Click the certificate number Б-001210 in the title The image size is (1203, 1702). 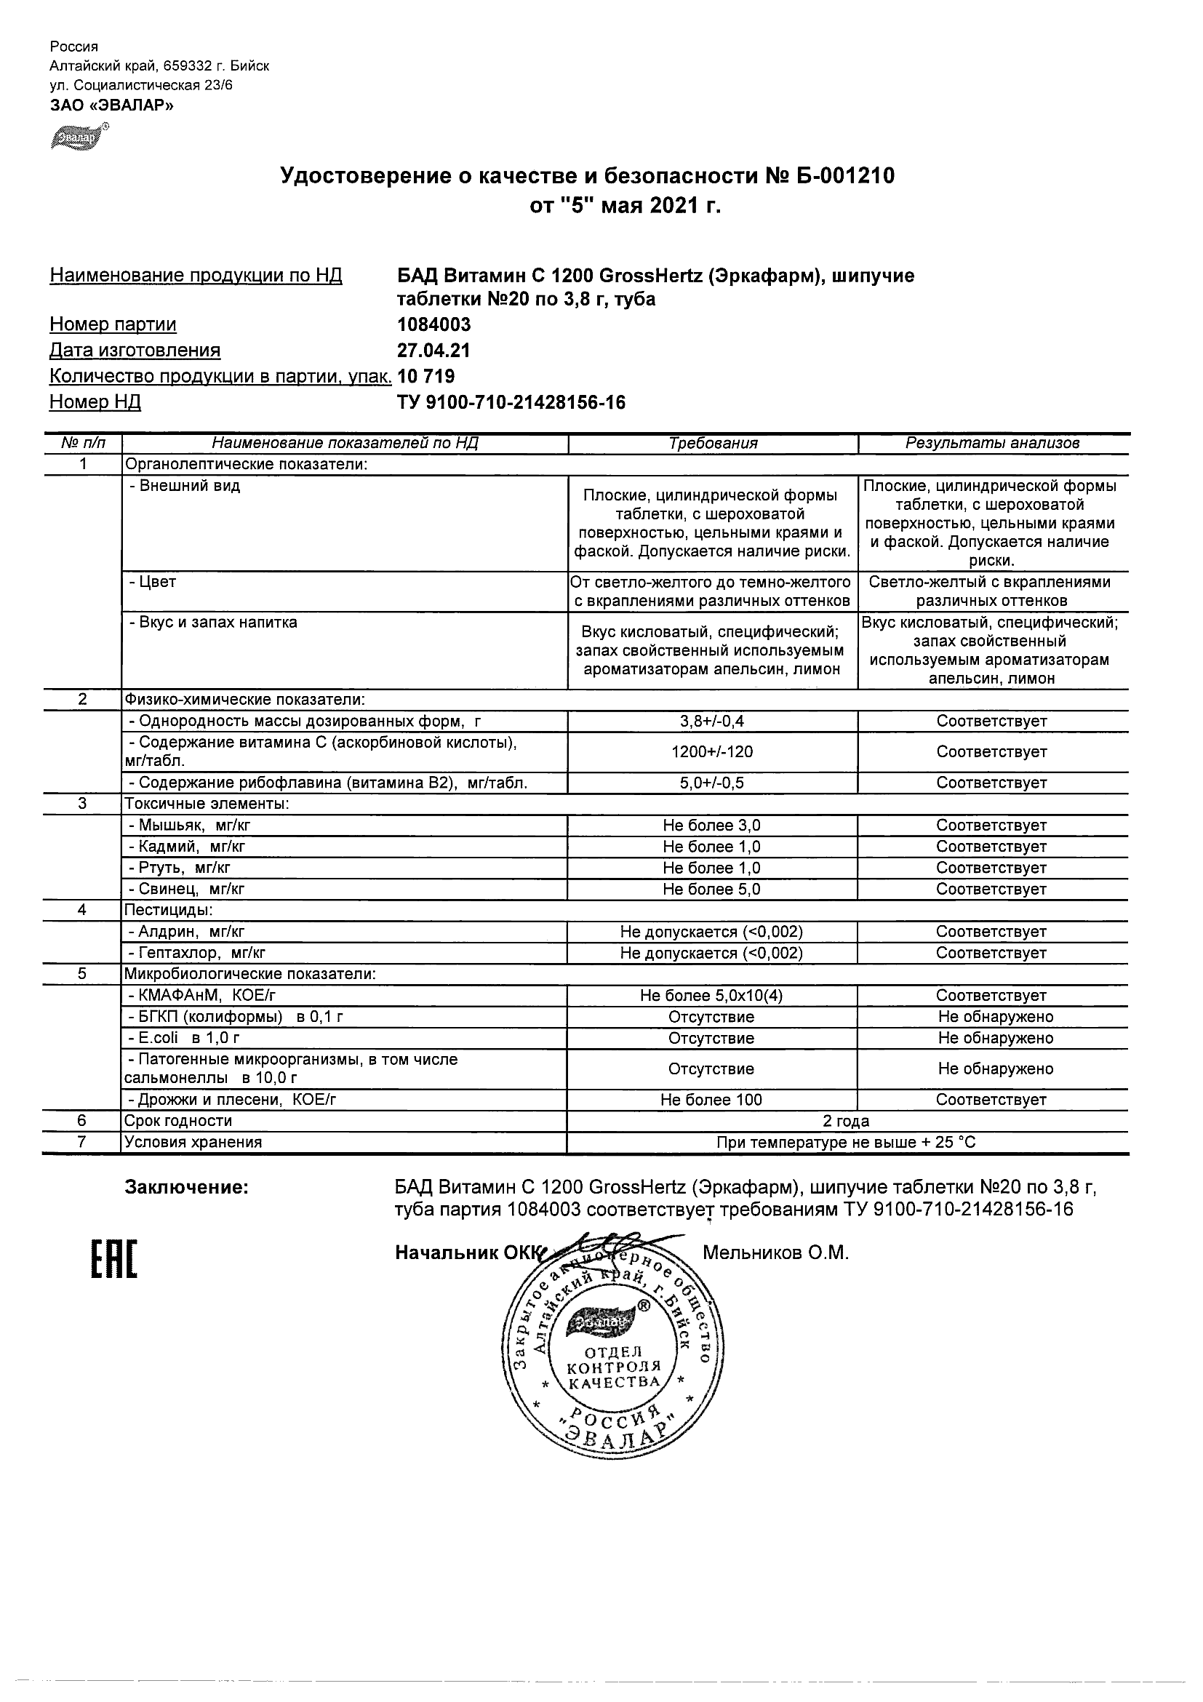[846, 177]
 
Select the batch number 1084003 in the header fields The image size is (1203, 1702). [434, 324]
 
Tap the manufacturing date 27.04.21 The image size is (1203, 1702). [434, 351]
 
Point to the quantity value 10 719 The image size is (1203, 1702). [427, 377]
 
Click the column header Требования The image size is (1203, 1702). [712, 443]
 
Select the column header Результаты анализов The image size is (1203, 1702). [993, 443]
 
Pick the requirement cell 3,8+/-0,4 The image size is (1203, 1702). [712, 722]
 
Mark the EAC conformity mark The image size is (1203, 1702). [114, 1260]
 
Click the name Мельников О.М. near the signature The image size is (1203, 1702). [775, 1252]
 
